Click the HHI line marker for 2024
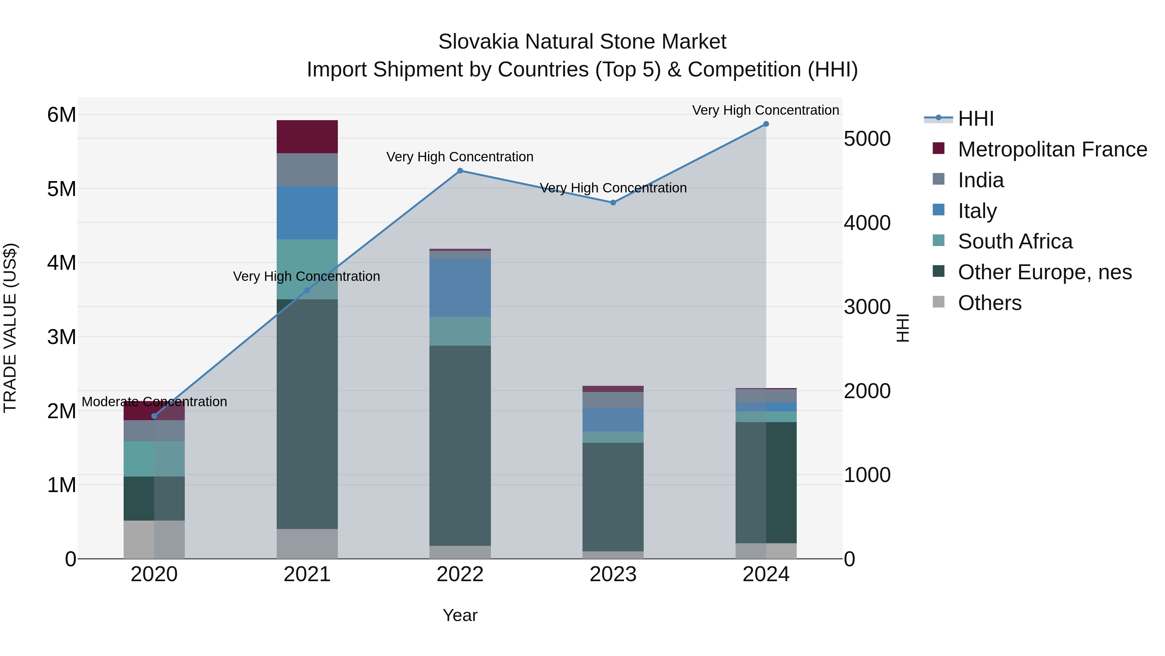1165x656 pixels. point(766,124)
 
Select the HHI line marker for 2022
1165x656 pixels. point(460,171)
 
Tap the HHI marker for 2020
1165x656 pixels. point(154,416)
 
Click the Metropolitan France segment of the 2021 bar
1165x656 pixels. point(307,137)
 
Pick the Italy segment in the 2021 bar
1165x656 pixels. point(307,213)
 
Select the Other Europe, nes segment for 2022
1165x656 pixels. point(460,446)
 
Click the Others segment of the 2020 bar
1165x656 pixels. point(154,540)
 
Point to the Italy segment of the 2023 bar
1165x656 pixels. point(613,420)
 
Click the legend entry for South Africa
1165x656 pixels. point(1015,241)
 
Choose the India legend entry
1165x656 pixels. point(981,180)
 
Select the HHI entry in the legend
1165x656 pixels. point(975,119)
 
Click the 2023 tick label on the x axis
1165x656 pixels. point(613,574)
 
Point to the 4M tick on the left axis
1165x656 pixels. point(61,263)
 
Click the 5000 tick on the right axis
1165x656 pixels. point(867,139)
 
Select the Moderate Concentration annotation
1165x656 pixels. point(154,402)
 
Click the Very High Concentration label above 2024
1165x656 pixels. point(765,110)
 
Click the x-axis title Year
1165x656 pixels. point(460,615)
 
